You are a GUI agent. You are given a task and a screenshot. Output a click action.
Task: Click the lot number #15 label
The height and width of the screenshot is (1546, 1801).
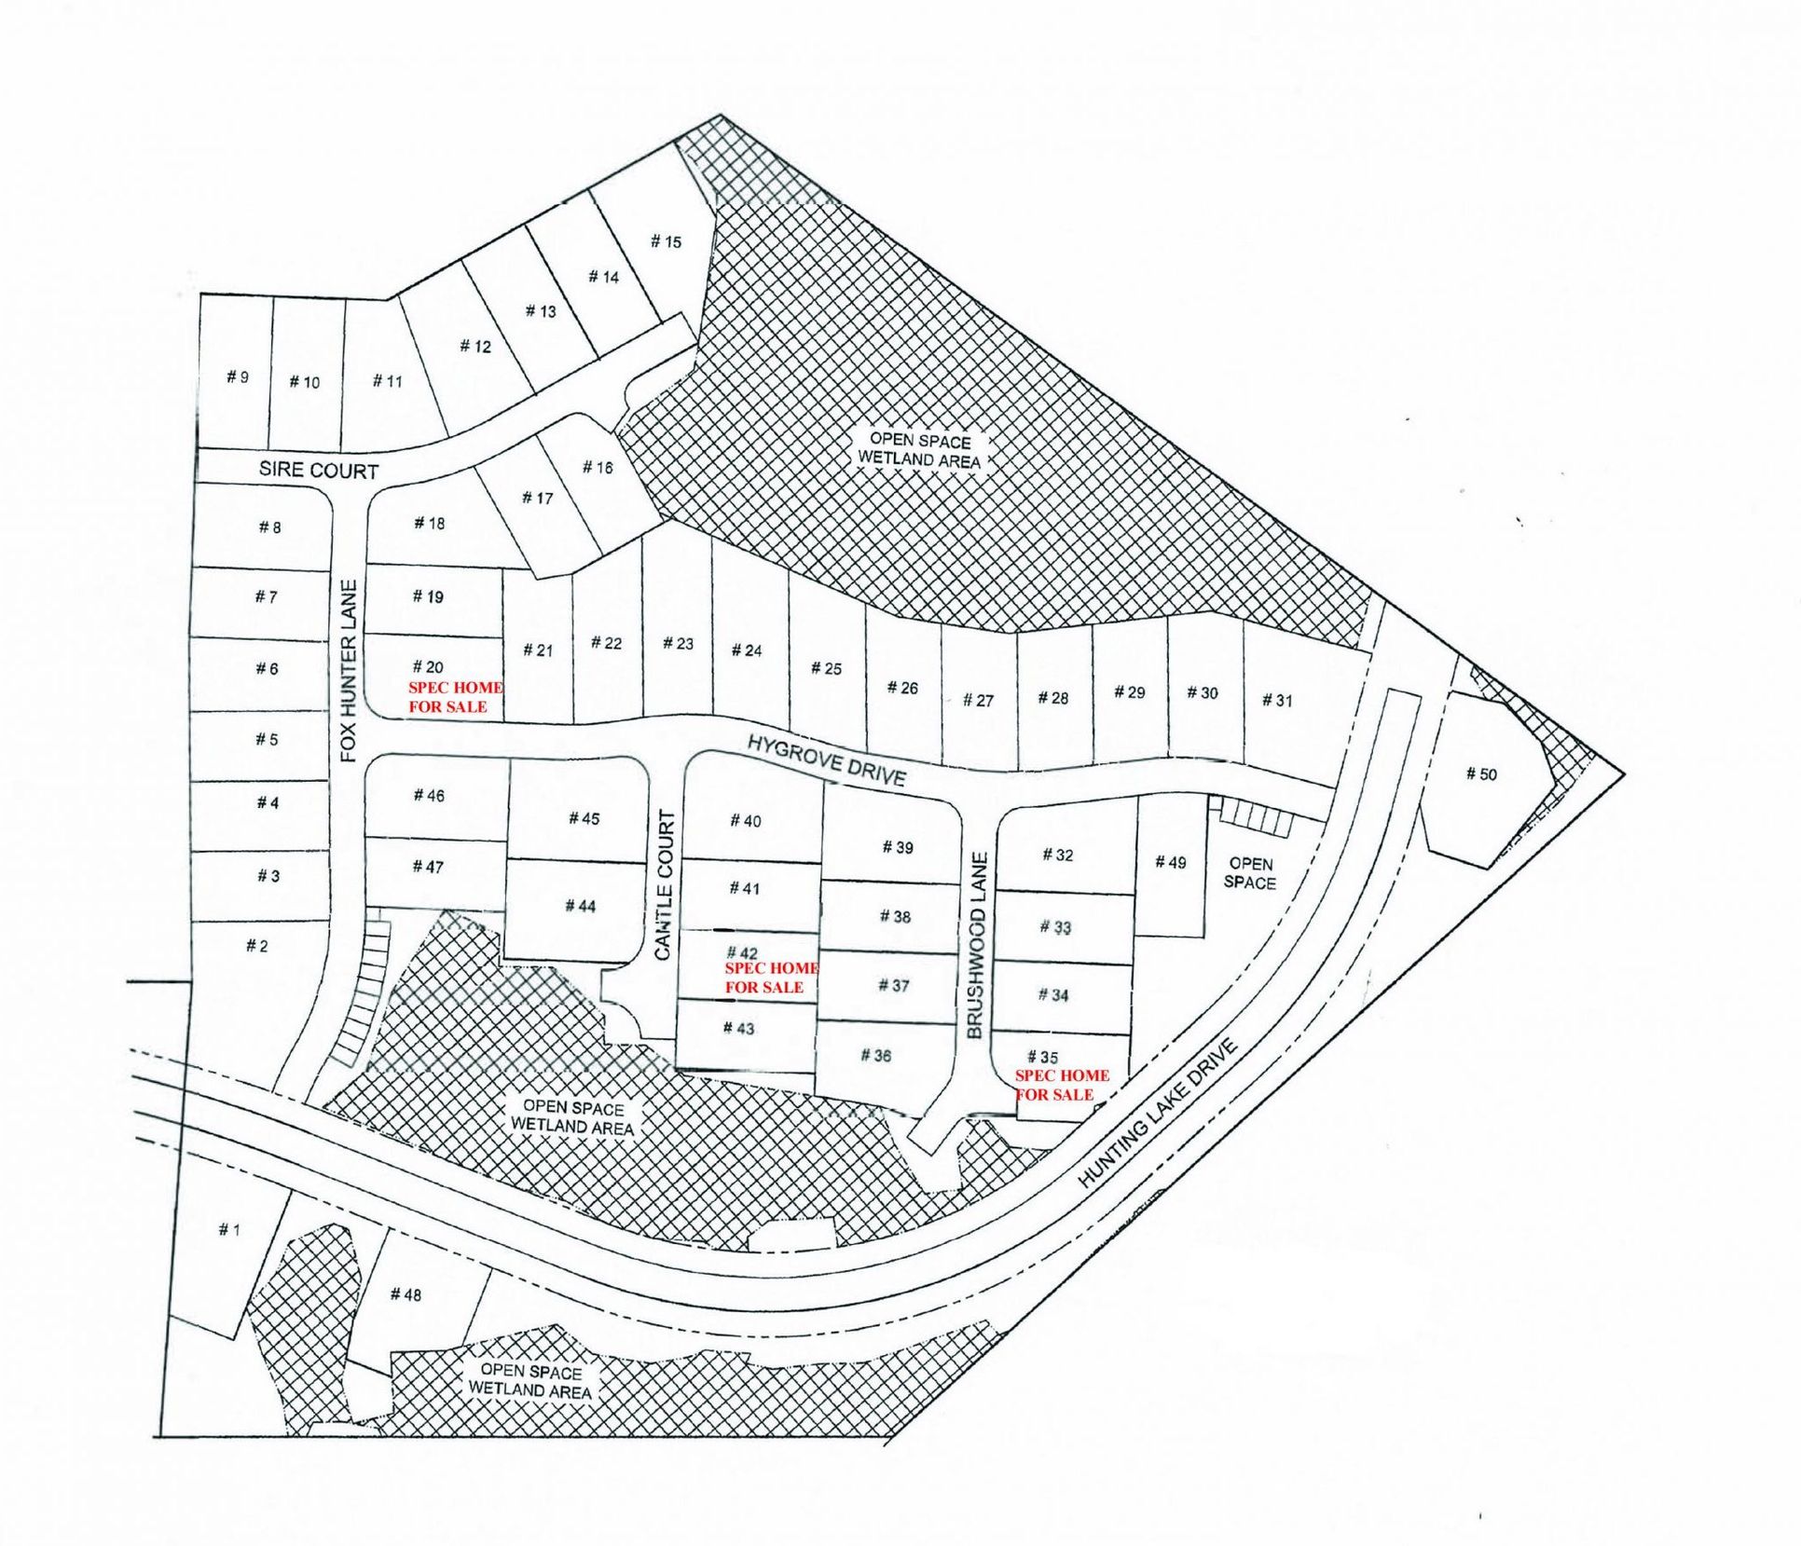(666, 241)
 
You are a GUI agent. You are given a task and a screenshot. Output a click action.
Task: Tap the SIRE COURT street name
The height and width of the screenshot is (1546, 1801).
(319, 470)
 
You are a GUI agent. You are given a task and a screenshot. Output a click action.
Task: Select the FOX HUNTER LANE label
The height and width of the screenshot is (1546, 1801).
(349, 671)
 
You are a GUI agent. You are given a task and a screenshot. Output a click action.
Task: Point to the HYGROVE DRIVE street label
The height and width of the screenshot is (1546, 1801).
(827, 759)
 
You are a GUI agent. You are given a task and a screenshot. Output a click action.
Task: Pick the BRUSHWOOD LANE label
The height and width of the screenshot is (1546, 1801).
(976, 945)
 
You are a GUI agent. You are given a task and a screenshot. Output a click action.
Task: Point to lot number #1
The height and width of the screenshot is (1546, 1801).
(228, 1229)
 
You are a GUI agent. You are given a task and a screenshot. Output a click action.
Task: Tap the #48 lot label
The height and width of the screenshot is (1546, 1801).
(406, 1294)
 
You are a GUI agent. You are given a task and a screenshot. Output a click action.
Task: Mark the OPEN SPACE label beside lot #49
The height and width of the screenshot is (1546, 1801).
(1249, 873)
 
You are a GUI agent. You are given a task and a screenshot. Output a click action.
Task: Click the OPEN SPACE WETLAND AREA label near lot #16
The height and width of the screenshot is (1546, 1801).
(919, 450)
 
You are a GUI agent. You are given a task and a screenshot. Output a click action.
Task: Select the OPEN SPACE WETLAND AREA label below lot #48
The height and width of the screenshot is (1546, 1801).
(529, 1380)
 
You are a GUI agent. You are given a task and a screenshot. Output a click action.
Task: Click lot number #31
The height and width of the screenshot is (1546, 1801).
(1277, 700)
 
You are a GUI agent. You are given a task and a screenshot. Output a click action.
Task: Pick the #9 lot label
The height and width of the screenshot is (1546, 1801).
(237, 376)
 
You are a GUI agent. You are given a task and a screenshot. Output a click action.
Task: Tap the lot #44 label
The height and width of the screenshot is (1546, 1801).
(580, 905)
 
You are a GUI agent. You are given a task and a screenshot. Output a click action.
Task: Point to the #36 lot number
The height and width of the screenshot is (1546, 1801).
(875, 1055)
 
